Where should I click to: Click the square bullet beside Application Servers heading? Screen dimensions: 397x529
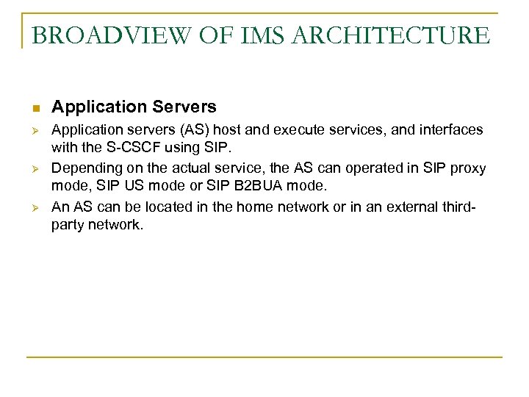pos(35,108)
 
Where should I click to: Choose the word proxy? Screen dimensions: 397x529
pos(466,168)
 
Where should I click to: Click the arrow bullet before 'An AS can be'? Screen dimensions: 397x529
pos(35,208)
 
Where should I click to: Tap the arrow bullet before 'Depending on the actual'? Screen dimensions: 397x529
pos(35,168)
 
